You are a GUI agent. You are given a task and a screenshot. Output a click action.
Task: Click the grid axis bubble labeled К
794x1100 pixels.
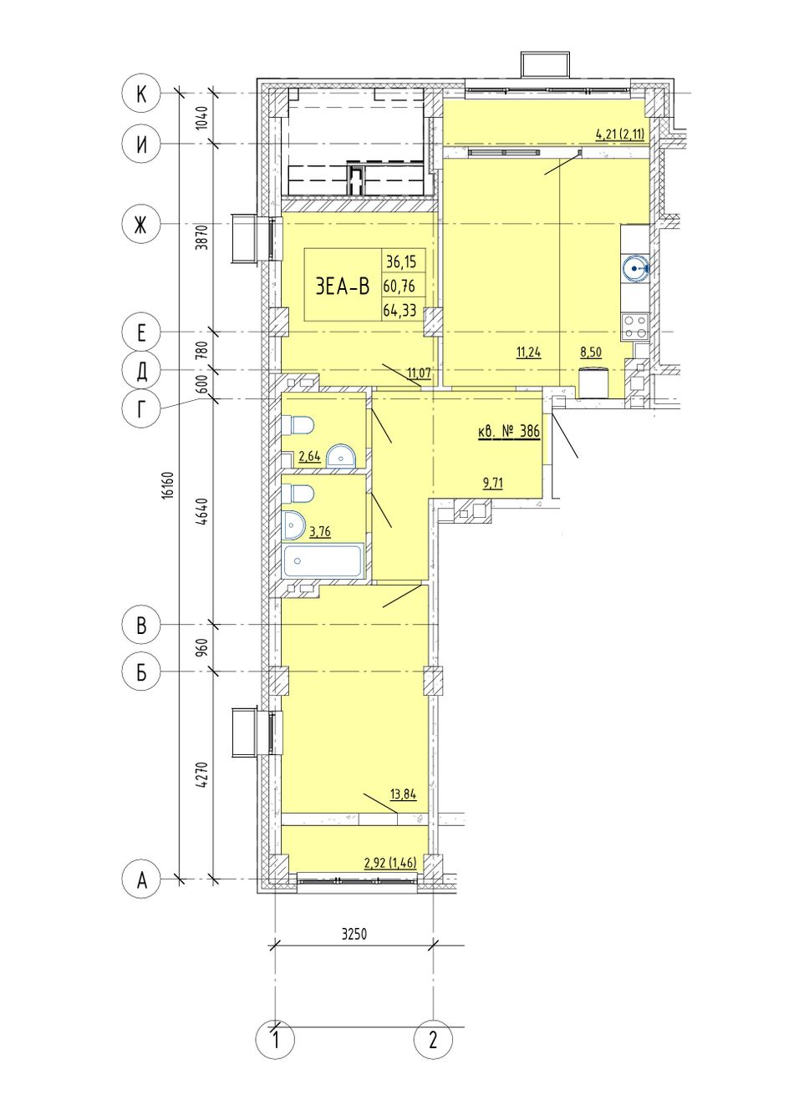tap(141, 94)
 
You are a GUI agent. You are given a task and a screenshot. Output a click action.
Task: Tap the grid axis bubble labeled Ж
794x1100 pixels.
tap(141, 226)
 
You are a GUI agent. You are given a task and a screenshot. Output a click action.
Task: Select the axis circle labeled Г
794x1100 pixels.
tap(141, 408)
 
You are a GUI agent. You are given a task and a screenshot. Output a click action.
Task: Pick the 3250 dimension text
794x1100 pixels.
tap(354, 934)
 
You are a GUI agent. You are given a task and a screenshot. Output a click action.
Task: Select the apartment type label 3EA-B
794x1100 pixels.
tap(342, 286)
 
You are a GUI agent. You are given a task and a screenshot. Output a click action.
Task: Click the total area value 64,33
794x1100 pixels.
tap(400, 310)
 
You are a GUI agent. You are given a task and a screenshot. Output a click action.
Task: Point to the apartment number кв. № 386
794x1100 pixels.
tap(508, 432)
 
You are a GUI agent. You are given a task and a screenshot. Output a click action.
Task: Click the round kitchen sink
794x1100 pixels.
tap(635, 269)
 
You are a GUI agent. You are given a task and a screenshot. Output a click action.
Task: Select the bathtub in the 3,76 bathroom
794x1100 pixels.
tap(323, 560)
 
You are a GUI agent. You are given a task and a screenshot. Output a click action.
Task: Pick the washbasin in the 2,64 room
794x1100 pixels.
tap(340, 456)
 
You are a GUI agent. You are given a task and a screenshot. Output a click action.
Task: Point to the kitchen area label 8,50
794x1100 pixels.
tap(591, 352)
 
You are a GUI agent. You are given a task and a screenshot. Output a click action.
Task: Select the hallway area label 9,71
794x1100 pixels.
tap(493, 484)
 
